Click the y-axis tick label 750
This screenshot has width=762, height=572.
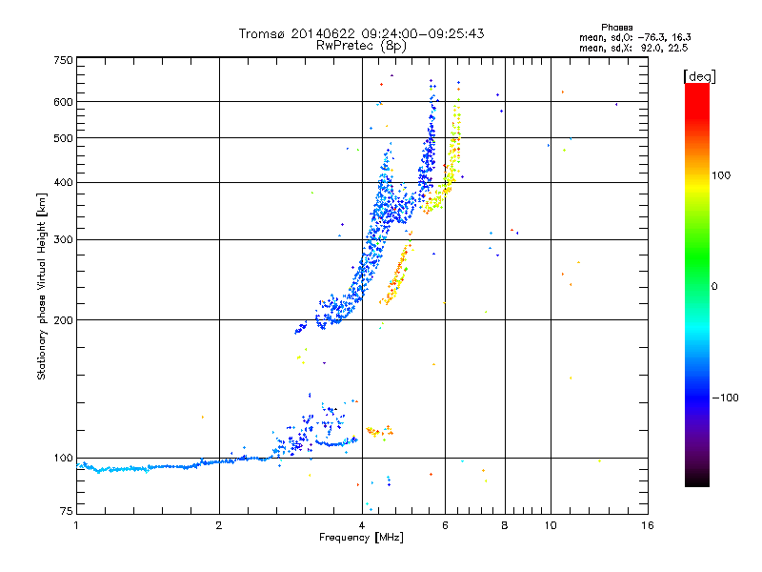pyautogui.click(x=63, y=60)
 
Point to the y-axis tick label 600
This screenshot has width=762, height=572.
pyautogui.click(x=63, y=101)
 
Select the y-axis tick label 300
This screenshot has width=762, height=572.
pyautogui.click(x=63, y=239)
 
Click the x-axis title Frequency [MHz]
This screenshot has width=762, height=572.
pyautogui.click(x=360, y=539)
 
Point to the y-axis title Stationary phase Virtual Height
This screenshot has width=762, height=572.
pyautogui.click(x=42, y=286)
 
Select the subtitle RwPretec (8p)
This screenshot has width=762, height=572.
pyautogui.click(x=361, y=45)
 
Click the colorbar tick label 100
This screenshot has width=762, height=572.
pyautogui.click(x=722, y=175)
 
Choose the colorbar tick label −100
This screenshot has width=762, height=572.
pyautogui.click(x=726, y=398)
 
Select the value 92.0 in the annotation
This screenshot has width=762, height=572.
pyautogui.click(x=647, y=48)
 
